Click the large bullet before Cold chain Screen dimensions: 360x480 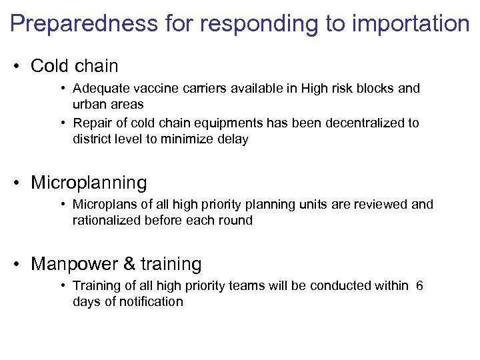(x=18, y=67)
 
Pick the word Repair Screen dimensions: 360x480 (x=91, y=123)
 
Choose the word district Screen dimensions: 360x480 (x=93, y=139)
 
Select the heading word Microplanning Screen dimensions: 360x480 (x=89, y=183)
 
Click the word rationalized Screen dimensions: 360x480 (x=107, y=221)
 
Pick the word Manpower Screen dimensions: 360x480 (x=74, y=264)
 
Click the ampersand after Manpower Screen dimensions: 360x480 (x=129, y=264)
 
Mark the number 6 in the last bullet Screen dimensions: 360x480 (x=419, y=286)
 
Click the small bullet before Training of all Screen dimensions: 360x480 (x=62, y=286)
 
